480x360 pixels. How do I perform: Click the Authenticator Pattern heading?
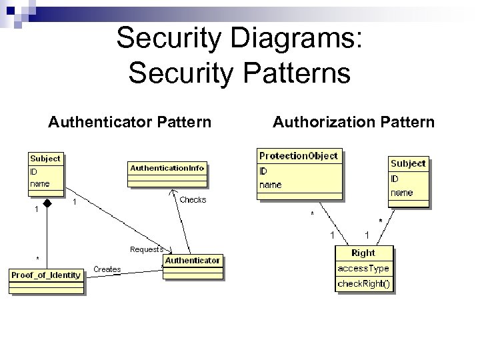130,122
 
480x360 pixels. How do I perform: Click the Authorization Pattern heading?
353,122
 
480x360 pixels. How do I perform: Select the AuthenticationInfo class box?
167,175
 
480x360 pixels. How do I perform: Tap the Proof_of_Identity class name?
46,275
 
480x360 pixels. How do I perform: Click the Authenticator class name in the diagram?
193,261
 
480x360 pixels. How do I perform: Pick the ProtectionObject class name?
299,156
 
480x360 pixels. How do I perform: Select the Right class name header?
363,253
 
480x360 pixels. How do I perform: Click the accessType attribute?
363,268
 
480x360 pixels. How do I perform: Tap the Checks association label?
193,200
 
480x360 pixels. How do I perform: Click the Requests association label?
146,249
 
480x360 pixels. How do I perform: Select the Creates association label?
107,269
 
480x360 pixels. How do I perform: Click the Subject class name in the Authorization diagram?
407,163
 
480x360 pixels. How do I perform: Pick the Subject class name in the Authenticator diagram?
45,159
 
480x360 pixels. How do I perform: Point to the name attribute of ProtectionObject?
271,185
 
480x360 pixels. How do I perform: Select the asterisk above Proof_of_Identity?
37,258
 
